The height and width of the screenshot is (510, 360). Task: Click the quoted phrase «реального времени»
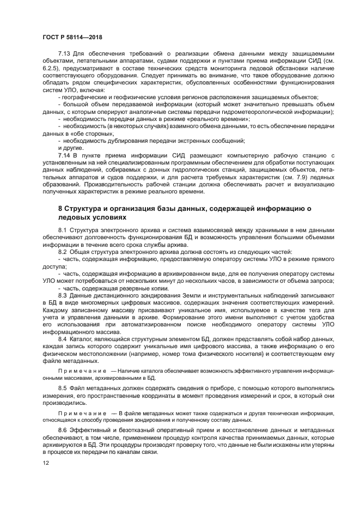point(223,118)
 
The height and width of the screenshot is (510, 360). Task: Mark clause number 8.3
point(63,295)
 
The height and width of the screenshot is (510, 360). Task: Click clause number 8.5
point(63,388)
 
